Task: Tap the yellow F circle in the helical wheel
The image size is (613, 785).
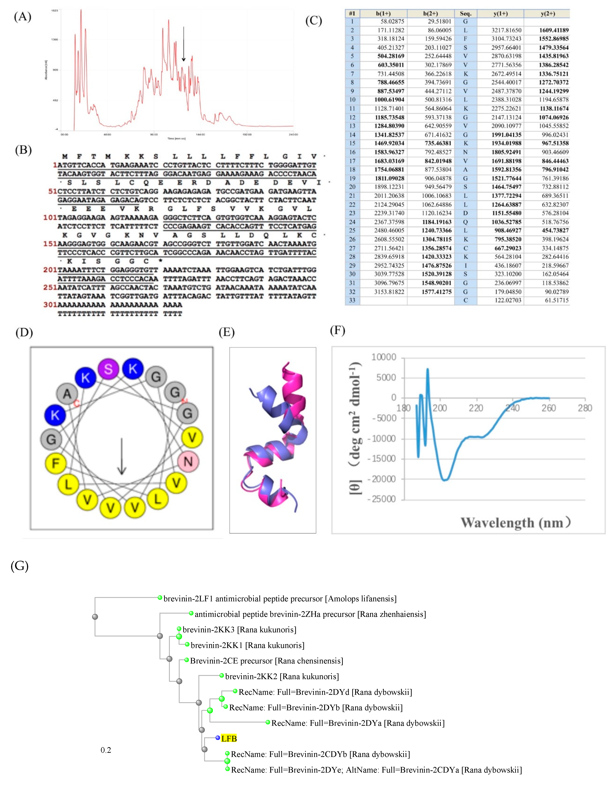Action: tap(55, 463)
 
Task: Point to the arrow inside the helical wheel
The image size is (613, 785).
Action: tap(122, 456)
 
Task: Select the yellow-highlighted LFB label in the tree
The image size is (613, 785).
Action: tap(229, 739)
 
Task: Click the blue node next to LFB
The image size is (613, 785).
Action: tap(218, 738)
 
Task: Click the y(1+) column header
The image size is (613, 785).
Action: tap(500, 14)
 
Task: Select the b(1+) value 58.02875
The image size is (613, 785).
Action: tap(392, 22)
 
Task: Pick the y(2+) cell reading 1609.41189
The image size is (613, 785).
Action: tap(554, 30)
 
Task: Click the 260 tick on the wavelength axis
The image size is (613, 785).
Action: tap(549, 408)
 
